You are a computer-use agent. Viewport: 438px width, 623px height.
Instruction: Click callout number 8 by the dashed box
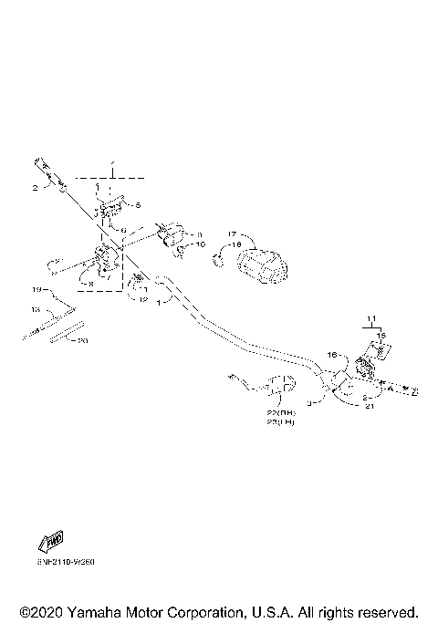pos(90,284)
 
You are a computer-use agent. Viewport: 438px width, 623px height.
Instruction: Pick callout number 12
pos(143,299)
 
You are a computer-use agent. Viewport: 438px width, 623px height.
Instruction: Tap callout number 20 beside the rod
pos(83,340)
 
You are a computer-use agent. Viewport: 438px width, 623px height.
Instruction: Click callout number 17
pos(233,234)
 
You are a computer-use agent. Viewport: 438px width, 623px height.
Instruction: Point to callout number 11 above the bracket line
pos(371,317)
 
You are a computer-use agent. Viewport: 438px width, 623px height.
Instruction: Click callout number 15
pos(381,335)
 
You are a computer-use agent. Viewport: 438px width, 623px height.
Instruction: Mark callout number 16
pos(333,354)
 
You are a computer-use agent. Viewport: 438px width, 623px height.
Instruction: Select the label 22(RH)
pos(280,412)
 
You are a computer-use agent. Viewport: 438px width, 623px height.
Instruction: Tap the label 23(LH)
pos(280,423)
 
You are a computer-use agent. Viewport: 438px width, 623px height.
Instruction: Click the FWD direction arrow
pos(51,539)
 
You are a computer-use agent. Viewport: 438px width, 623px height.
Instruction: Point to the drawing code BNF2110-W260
pos(66,562)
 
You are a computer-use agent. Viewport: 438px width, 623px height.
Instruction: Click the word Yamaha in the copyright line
pos(89,610)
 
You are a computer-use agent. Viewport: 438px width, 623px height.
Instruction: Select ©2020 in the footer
pos(38,610)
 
